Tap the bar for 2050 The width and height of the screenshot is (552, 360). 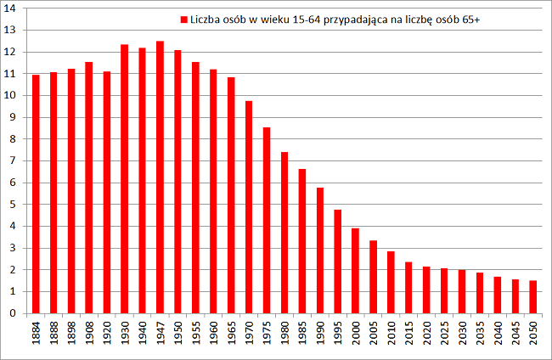533,296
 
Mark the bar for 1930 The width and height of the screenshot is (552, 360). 124,178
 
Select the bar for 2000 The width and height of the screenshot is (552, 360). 356,270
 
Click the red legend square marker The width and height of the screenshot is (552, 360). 183,19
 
